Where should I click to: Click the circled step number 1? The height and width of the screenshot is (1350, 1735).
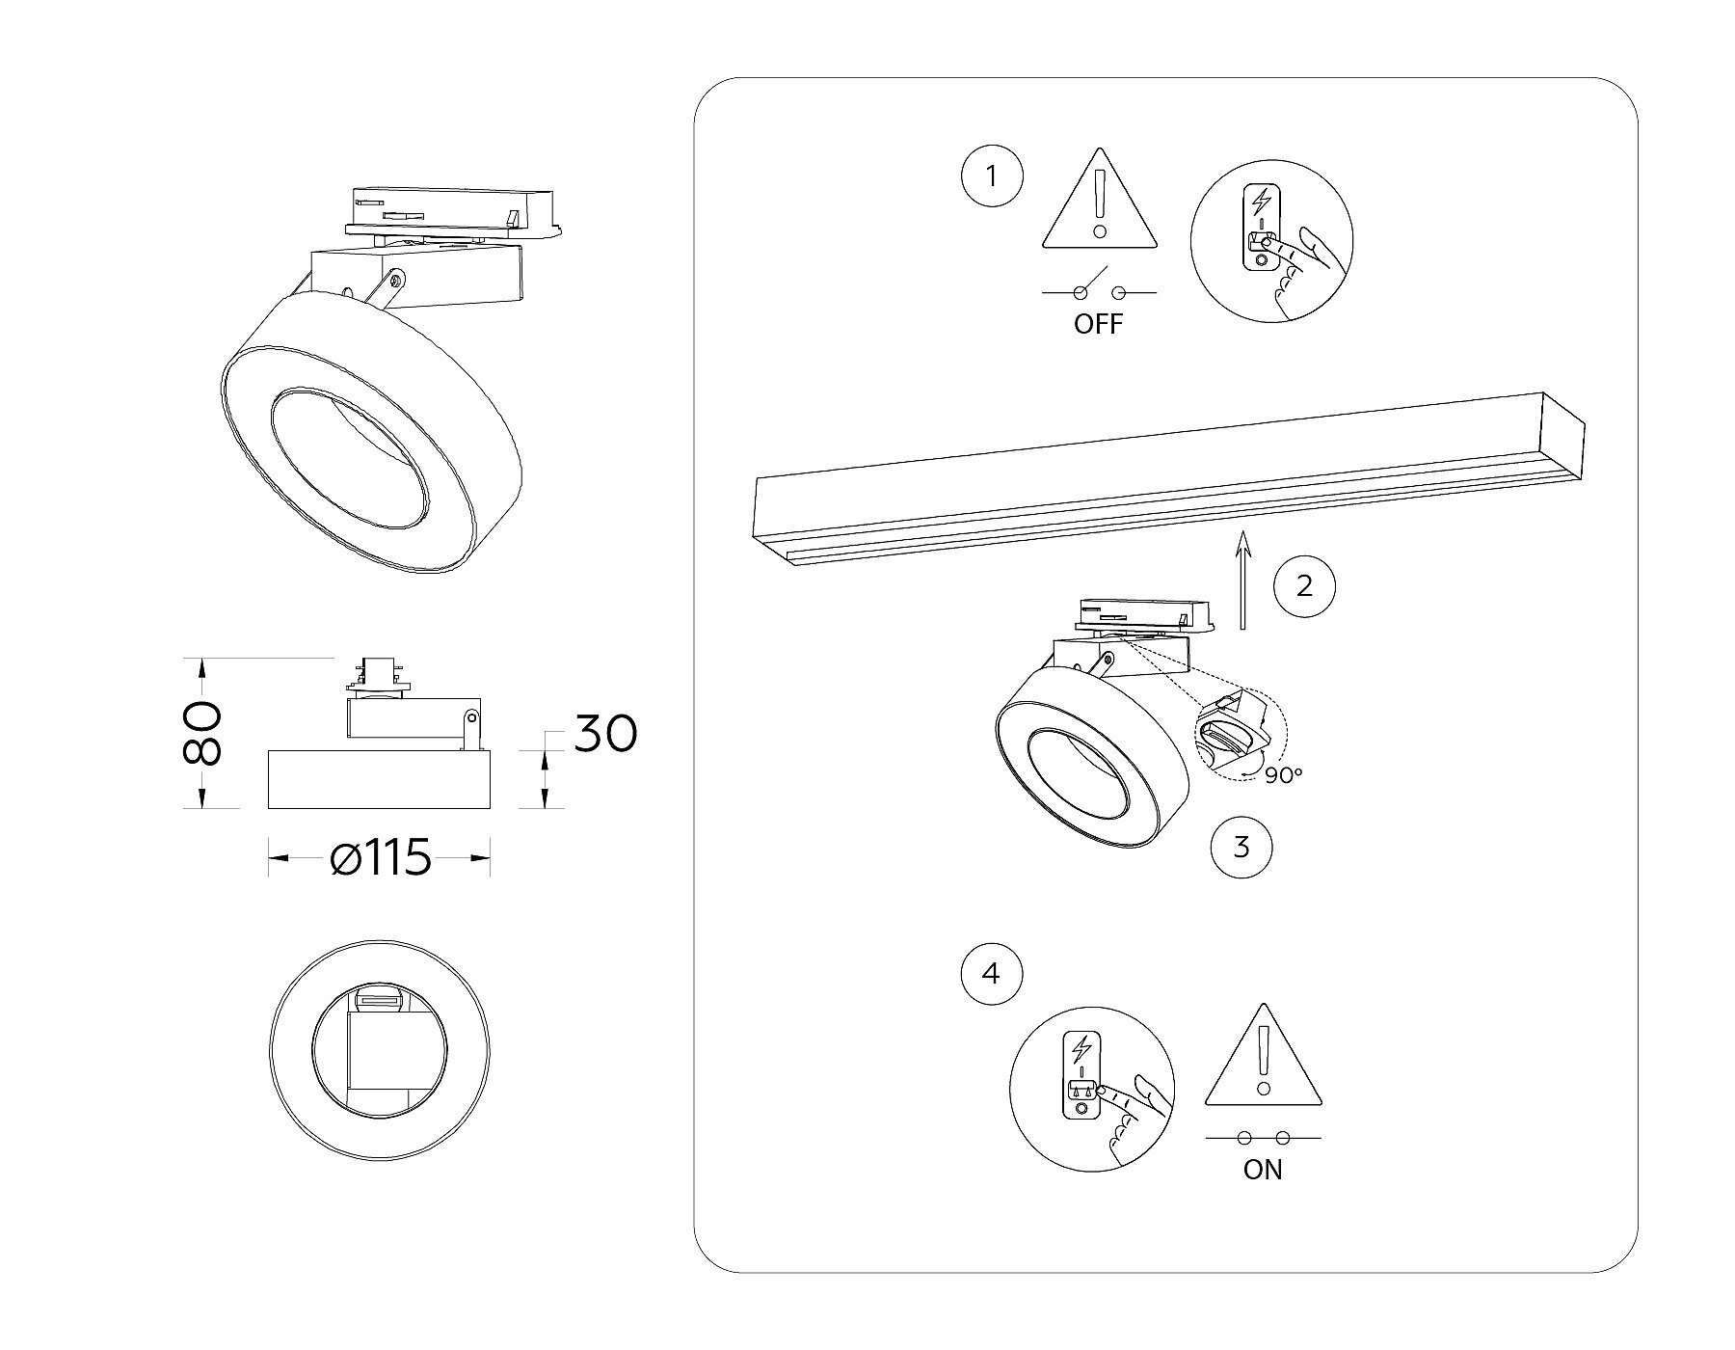point(992,177)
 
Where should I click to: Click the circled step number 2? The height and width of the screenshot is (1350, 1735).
point(1304,585)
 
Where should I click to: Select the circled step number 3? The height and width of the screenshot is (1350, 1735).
point(1241,848)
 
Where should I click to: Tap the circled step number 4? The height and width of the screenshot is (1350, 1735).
point(992,974)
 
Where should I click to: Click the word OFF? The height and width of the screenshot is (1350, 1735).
point(1099,324)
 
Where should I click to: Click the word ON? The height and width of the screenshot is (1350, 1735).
point(1263,1170)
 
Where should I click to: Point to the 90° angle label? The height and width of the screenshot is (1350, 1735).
point(1284,775)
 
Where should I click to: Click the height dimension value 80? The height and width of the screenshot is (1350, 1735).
point(203,733)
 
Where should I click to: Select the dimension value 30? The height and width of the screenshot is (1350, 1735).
point(606,734)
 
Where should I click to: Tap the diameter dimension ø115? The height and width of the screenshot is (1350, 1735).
point(381,857)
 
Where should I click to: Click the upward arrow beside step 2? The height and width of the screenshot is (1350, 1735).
point(1244,579)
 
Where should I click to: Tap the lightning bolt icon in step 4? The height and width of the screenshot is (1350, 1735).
point(1082,1047)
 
